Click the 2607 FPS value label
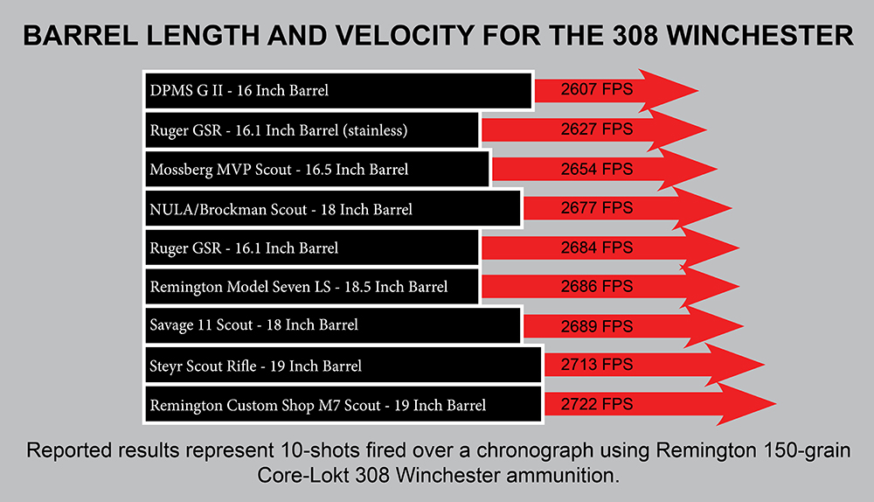[x=596, y=89]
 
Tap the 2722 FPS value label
[x=596, y=404]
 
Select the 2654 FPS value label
[x=596, y=169]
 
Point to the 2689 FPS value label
[x=596, y=326]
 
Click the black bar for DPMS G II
[x=338, y=90]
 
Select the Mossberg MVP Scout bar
[x=317, y=169]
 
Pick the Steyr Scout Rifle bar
[x=343, y=366]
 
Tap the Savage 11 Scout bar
[x=333, y=325]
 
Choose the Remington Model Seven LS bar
[x=312, y=287]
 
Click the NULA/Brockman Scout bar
[x=333, y=209]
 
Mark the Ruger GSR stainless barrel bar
[x=312, y=130]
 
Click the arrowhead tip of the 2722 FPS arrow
[x=776, y=404]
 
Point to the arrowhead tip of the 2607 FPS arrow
[x=697, y=90]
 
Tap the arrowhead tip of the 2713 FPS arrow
[x=764, y=365]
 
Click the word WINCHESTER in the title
[x=760, y=36]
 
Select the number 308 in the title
[x=635, y=36]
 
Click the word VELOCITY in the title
[x=406, y=36]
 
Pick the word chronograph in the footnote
[x=535, y=450]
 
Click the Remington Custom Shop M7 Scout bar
[x=343, y=404]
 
